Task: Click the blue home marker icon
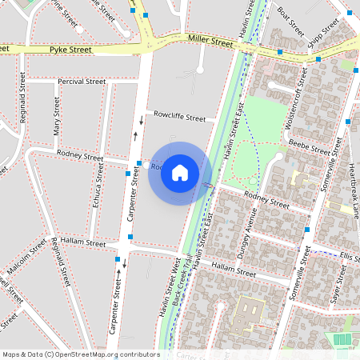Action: [x=180, y=173]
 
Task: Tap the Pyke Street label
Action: [x=70, y=50]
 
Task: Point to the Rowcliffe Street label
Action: [x=180, y=117]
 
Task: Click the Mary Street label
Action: [x=57, y=116]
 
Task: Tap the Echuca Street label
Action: [x=97, y=192]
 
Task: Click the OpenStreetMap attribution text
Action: [x=81, y=354]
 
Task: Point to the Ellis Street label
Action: [x=350, y=257]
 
